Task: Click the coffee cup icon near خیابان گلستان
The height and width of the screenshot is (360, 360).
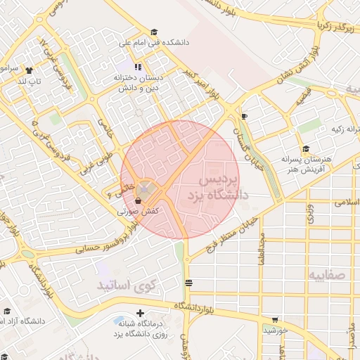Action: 244,116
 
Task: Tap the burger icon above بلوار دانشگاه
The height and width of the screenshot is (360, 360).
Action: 188,283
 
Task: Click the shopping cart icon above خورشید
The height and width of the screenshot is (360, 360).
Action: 275,319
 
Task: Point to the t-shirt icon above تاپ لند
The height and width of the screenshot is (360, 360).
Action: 29,70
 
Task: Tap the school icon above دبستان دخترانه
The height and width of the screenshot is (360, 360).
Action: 138,67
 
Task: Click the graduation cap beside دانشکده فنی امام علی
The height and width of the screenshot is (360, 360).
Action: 154,32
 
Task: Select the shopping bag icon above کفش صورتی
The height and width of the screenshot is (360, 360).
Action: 138,200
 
